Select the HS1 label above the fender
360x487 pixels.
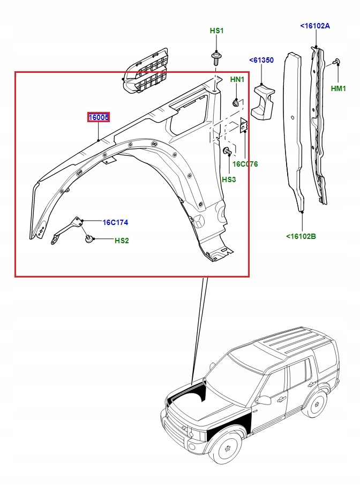point(216,31)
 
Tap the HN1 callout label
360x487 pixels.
point(237,79)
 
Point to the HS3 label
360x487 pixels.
point(229,179)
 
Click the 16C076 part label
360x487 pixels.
point(245,164)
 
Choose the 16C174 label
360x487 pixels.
point(115,222)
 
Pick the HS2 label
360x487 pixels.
point(122,241)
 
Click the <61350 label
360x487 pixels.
point(261,61)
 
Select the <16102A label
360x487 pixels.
point(315,25)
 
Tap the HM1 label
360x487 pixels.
point(339,88)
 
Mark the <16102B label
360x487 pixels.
point(301,236)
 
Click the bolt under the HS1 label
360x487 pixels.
point(217,56)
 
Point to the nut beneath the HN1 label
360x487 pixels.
point(236,102)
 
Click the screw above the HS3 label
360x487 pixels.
point(227,151)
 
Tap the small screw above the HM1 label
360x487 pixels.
point(337,62)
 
